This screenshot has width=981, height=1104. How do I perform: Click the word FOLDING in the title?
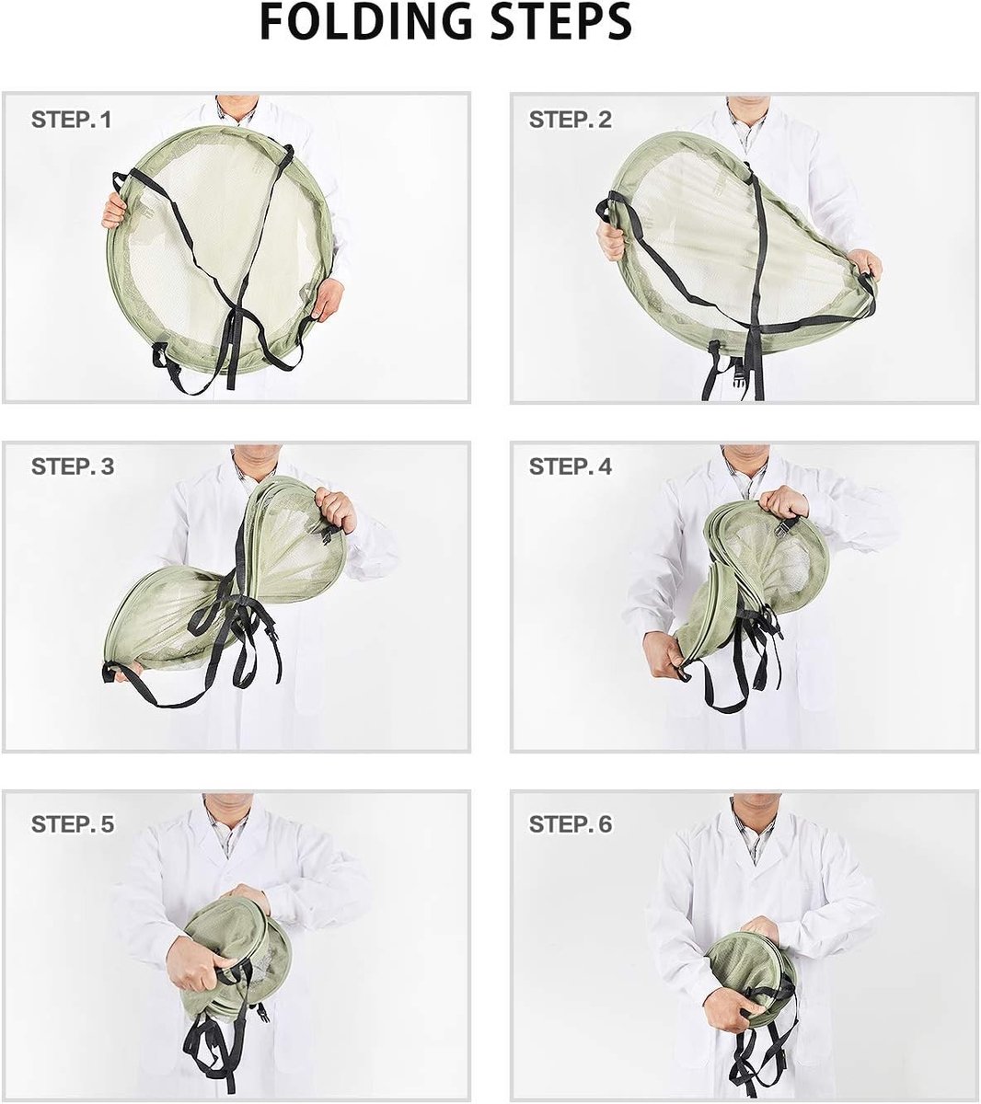click(x=365, y=21)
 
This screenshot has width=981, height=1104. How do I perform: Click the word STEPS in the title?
click(x=561, y=21)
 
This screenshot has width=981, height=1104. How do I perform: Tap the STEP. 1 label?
click(x=72, y=120)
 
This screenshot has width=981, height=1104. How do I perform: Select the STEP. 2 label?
click(x=570, y=120)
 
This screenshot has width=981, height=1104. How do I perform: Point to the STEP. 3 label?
click(x=73, y=466)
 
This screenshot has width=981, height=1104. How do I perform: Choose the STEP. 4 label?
click(x=570, y=466)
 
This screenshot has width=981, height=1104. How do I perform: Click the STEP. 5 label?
click(x=73, y=824)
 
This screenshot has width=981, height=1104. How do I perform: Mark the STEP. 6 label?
click(x=570, y=824)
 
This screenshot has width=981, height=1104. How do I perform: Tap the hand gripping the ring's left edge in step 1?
click(x=113, y=211)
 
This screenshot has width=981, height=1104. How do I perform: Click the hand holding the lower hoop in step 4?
click(x=669, y=654)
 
